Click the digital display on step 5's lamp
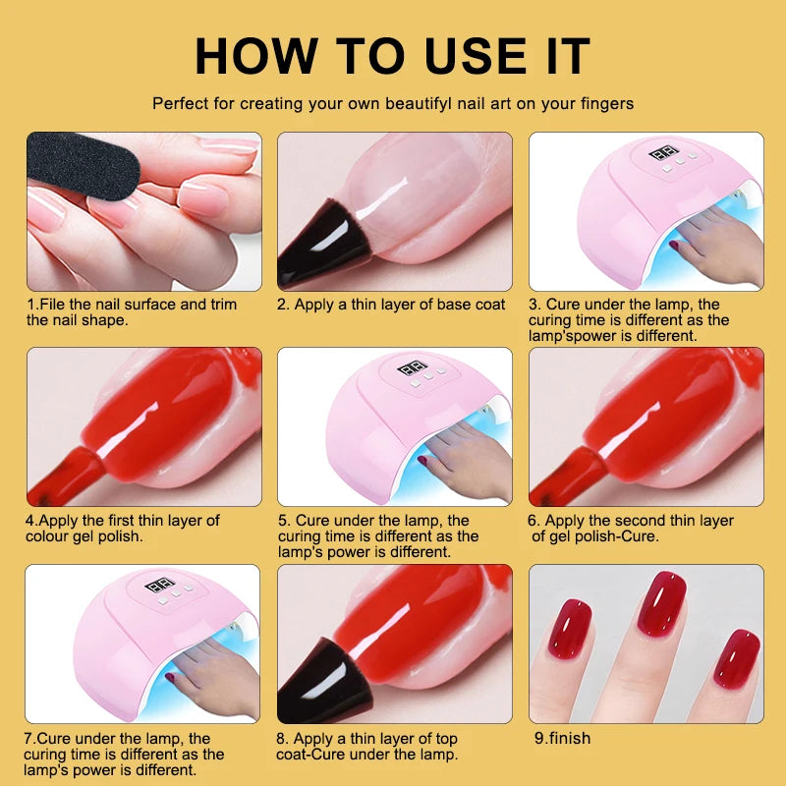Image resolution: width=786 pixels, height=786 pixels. tap(411, 371)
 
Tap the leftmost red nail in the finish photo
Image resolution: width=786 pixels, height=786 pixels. tap(570, 629)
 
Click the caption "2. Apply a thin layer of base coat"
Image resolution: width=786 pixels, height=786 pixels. tap(391, 305)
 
